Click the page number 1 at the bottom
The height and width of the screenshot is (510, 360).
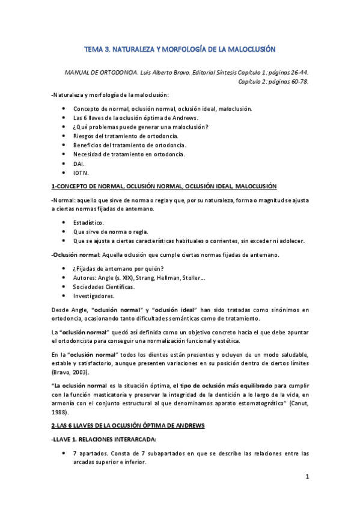[x=307, y=478]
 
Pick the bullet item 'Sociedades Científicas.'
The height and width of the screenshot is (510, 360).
[x=101, y=286]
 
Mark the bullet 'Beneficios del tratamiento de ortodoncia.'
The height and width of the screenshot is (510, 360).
[x=129, y=145]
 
